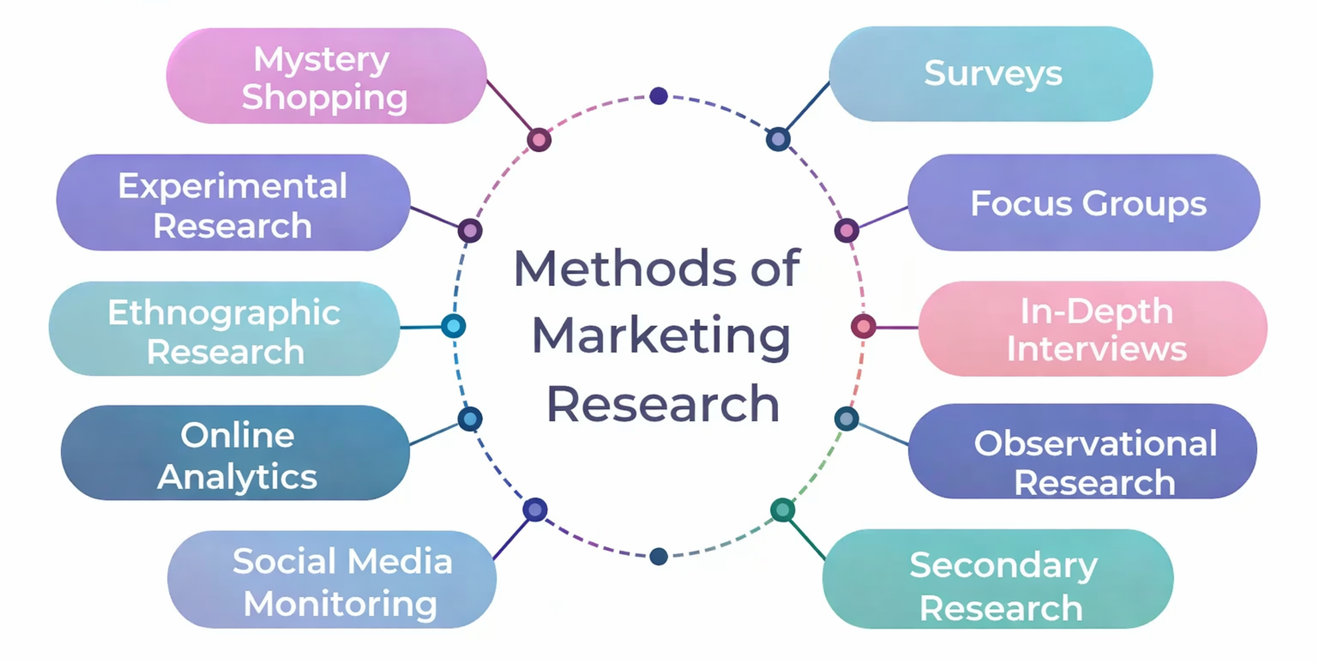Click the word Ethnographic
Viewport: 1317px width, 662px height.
click(x=224, y=312)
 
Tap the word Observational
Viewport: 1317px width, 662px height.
click(x=1095, y=443)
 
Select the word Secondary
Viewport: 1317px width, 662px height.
click(x=1003, y=565)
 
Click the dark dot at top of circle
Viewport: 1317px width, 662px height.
click(x=658, y=96)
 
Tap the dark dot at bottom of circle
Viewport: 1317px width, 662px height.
click(x=658, y=556)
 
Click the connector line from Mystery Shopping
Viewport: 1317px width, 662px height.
click(x=509, y=106)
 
